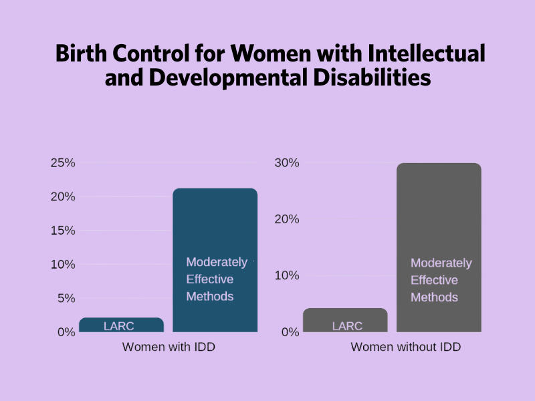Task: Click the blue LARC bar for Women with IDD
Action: point(121,325)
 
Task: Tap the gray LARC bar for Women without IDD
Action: point(345,320)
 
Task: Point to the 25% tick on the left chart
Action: point(62,163)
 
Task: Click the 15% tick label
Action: point(62,231)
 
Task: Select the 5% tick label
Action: point(66,298)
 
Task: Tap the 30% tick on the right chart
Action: point(286,163)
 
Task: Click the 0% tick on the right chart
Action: point(290,331)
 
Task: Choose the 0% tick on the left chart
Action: point(66,331)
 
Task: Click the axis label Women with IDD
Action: point(169,348)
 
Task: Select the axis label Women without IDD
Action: point(406,348)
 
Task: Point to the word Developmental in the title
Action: point(227,78)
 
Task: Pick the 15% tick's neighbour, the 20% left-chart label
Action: point(62,197)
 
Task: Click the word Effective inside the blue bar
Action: point(209,279)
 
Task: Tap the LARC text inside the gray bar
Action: point(347,326)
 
